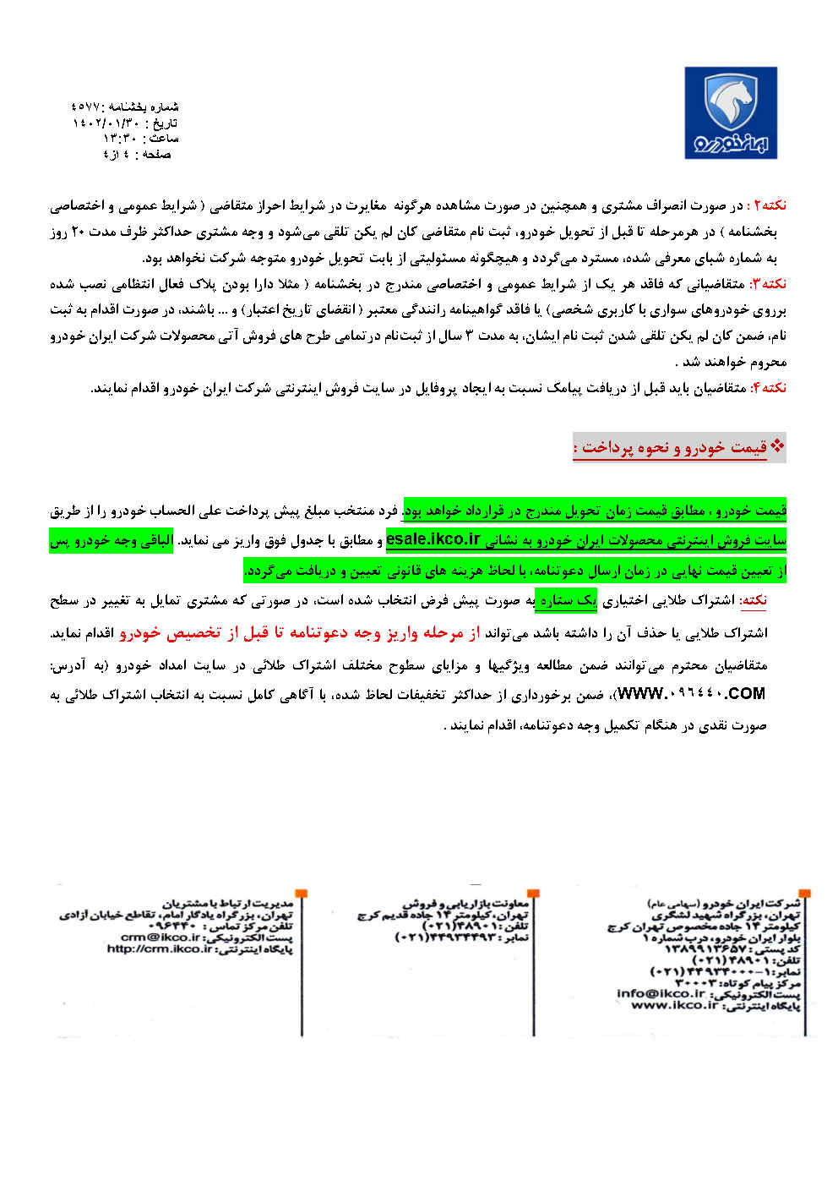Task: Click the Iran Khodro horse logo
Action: coord(731,113)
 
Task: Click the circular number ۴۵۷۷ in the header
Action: coord(86,107)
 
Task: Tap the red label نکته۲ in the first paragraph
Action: coord(769,205)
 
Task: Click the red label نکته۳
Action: coord(769,283)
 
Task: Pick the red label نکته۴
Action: coord(769,387)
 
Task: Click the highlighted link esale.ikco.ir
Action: coord(433,539)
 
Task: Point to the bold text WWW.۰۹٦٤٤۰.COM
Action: coord(692,694)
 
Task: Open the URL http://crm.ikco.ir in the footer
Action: coord(160,948)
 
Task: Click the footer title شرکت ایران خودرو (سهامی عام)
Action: coord(724,904)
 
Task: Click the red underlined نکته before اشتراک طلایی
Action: coord(754,600)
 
